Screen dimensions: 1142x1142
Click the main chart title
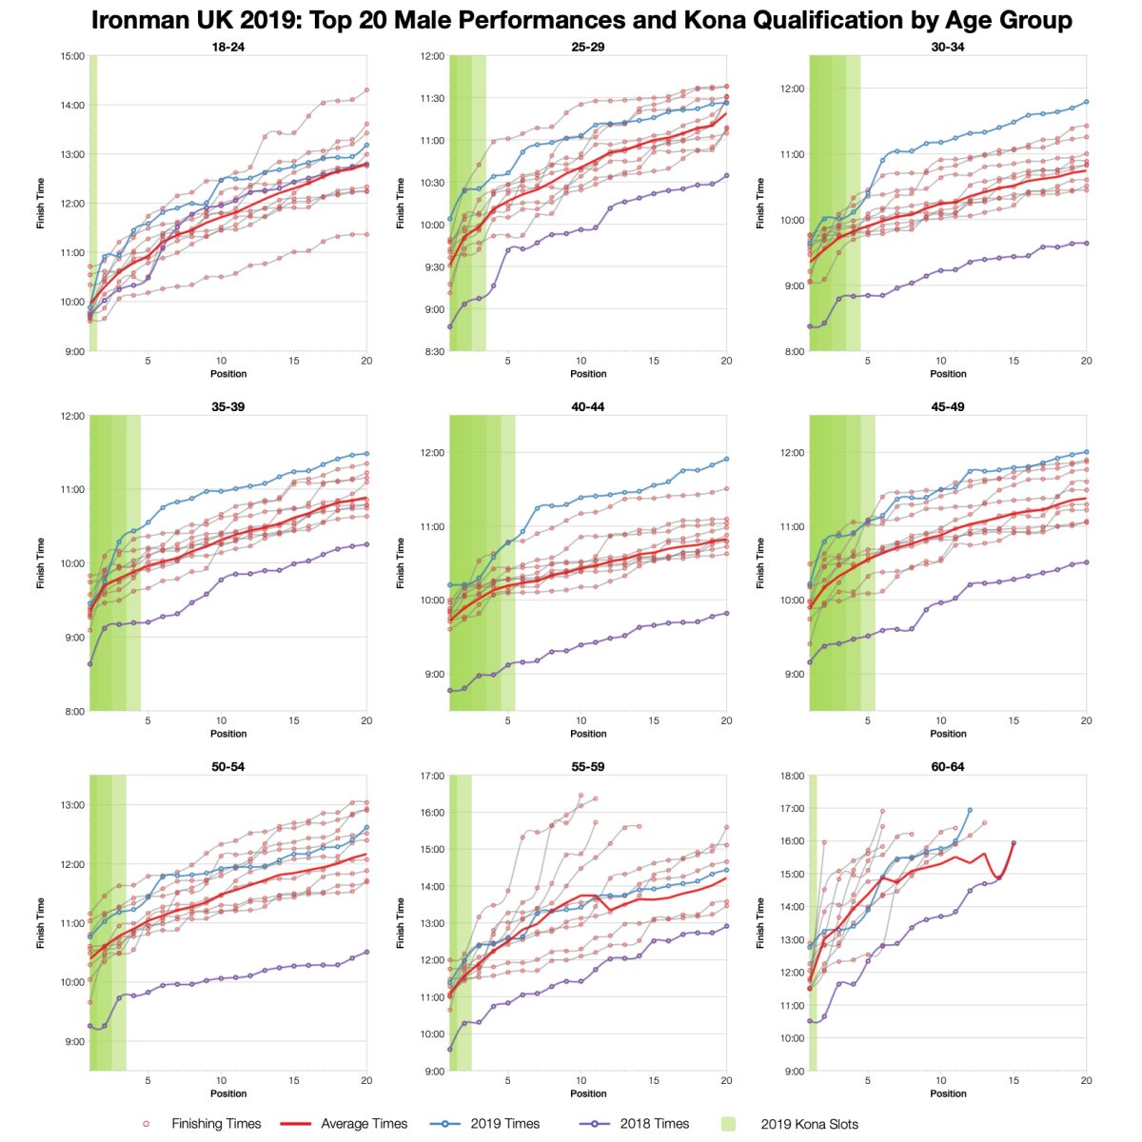click(x=581, y=20)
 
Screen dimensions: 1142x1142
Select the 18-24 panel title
click(x=228, y=47)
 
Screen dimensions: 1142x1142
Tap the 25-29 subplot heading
click(x=588, y=47)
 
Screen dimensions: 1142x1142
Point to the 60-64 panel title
click(x=948, y=766)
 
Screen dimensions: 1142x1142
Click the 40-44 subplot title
click(x=588, y=406)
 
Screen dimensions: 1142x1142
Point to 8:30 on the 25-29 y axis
click(x=434, y=352)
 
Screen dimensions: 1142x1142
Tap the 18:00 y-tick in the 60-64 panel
click(x=793, y=776)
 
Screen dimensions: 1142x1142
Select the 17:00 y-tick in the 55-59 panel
click(x=433, y=776)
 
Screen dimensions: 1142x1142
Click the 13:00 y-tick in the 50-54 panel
click(x=72, y=805)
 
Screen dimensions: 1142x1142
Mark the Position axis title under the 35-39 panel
click(x=228, y=734)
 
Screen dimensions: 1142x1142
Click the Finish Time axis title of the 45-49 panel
click(x=760, y=563)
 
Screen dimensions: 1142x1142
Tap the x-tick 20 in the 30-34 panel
click(x=1086, y=361)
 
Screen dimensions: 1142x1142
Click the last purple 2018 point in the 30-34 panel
click(x=1086, y=243)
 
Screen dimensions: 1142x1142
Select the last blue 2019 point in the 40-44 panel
click(x=726, y=459)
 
